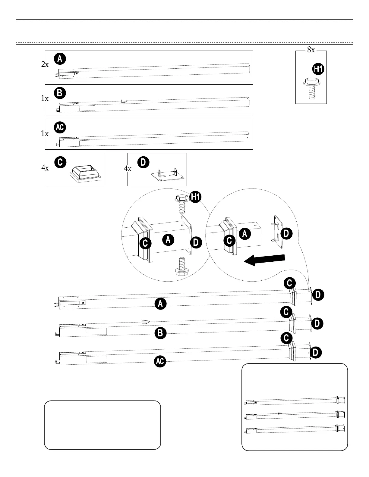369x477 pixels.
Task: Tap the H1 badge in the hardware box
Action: coord(318,69)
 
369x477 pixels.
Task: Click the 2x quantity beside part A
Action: coord(45,64)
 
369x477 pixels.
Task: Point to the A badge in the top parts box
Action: coord(60,59)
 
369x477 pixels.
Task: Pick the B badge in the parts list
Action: coord(60,93)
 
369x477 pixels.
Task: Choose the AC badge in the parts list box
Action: coord(60,127)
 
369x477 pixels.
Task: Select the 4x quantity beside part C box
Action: coord(45,168)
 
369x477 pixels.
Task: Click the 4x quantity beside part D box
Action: coord(128,169)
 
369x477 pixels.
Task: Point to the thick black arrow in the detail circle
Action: coord(264,260)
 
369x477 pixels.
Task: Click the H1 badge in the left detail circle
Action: coord(195,197)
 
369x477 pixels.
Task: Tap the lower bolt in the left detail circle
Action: coord(181,266)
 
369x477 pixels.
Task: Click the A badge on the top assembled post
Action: coord(160,304)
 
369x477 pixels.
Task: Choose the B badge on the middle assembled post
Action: coord(160,333)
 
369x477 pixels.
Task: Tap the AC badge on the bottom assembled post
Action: coord(160,361)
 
